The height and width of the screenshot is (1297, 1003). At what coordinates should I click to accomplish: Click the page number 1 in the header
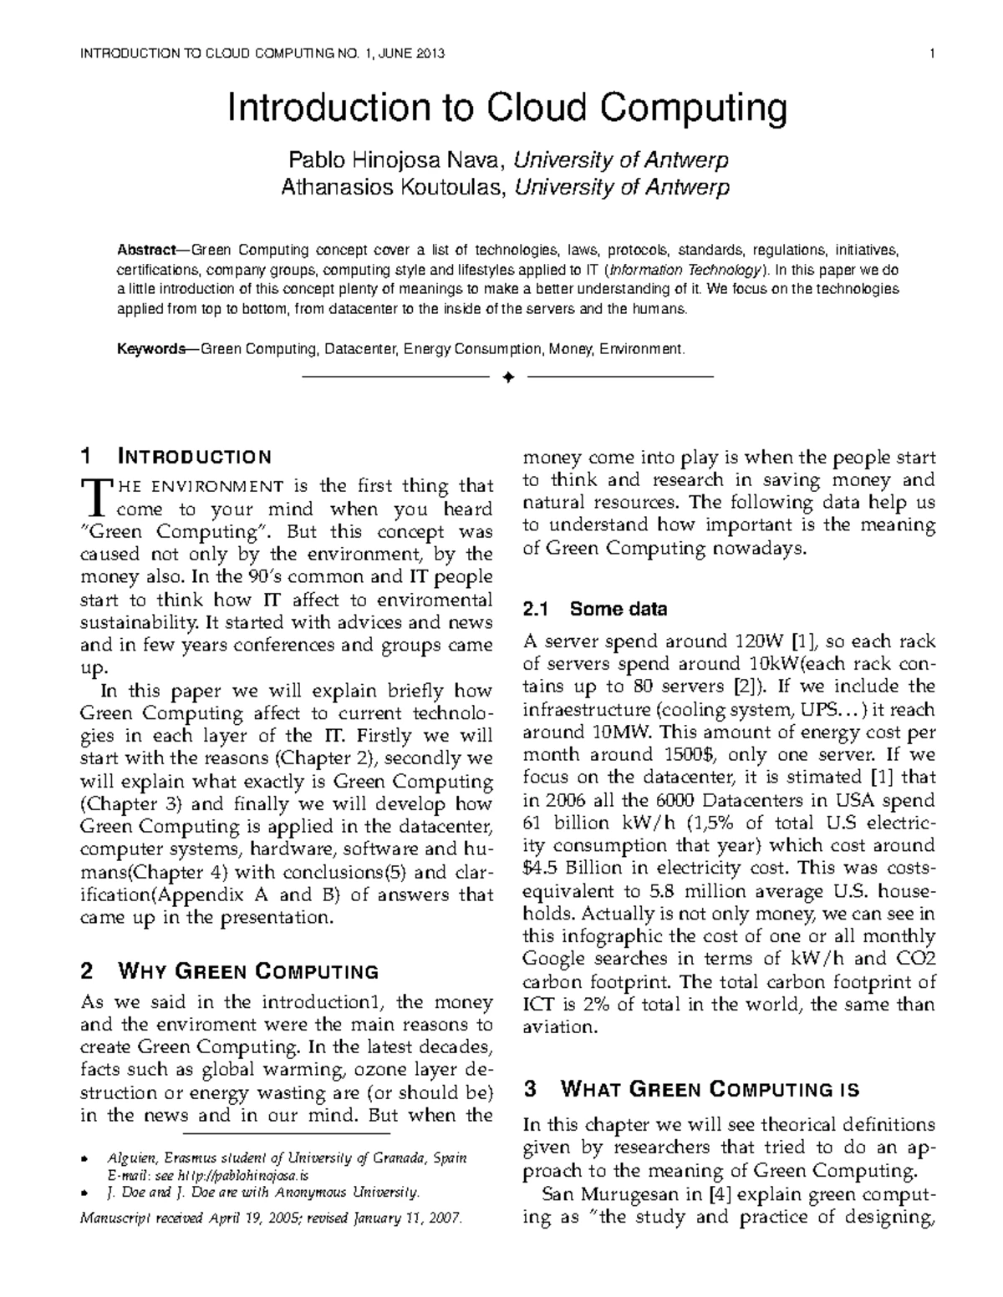[x=930, y=55]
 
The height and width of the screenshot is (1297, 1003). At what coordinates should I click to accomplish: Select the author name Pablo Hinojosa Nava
[x=397, y=160]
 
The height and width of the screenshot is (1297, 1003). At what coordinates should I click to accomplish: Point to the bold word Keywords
[x=150, y=348]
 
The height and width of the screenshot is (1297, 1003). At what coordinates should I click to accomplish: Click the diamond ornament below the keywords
[x=507, y=378]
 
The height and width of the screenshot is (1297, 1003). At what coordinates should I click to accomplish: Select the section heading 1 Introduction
[x=176, y=457]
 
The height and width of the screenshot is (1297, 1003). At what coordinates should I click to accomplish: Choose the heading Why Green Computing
[x=229, y=971]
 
